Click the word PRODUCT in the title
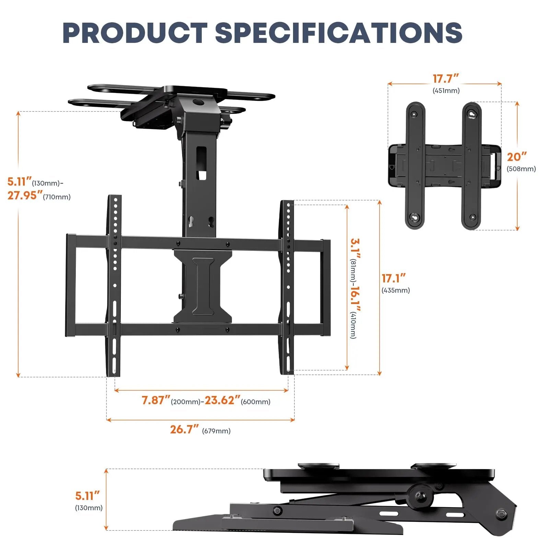click(x=135, y=33)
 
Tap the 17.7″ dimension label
click(x=445, y=79)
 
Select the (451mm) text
click(x=446, y=91)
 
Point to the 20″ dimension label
click(x=516, y=157)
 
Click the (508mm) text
click(x=521, y=169)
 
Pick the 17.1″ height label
click(x=394, y=278)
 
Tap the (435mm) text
click(x=396, y=290)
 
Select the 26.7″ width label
click(x=184, y=430)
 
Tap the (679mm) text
click(x=216, y=431)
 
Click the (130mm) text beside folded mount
click(x=89, y=508)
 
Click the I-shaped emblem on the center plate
click(x=203, y=287)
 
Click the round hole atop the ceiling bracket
click(x=198, y=102)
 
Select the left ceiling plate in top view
click(x=416, y=165)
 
